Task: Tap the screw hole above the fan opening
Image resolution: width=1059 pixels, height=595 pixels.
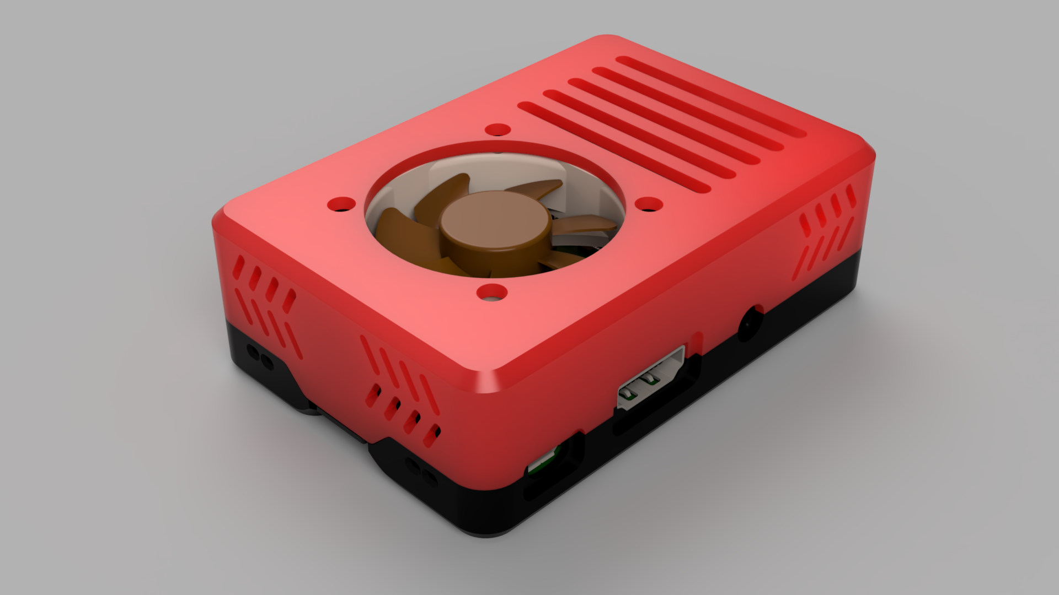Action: pos(498,130)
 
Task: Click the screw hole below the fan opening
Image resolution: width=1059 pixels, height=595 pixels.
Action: pos(492,292)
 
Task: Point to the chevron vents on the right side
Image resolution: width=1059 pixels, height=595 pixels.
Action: pos(826,231)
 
